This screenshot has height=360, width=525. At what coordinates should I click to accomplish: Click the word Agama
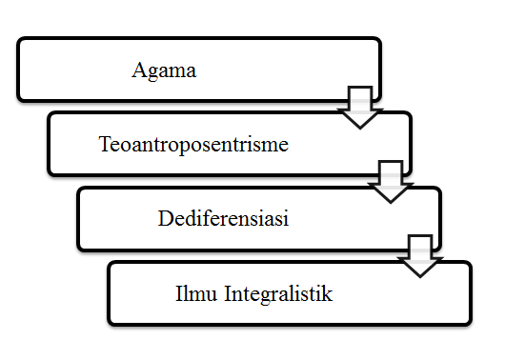click(x=165, y=70)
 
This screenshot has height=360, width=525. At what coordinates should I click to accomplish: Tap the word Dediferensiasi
click(x=223, y=219)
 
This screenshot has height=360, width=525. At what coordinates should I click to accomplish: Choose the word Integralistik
click(x=277, y=293)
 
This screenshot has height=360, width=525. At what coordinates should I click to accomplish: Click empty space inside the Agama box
click(x=286, y=70)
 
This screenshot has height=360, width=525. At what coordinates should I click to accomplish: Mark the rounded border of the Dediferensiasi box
click(x=79, y=219)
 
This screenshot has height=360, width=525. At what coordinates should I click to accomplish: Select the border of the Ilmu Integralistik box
click(x=109, y=293)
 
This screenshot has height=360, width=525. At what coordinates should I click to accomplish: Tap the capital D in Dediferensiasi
click(x=163, y=219)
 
